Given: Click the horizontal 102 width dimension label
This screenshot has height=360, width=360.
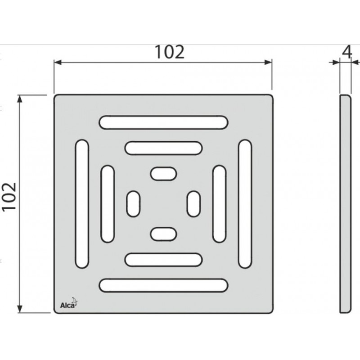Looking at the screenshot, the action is [170, 52].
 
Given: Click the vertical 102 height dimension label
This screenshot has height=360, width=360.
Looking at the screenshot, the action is [9, 196].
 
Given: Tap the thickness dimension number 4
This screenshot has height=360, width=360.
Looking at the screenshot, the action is [347, 52].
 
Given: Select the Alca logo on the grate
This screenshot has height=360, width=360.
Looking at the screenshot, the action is [69, 303].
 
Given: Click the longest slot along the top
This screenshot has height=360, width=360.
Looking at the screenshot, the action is [163, 122].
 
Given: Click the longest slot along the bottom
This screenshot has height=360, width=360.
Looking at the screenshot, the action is [163, 285].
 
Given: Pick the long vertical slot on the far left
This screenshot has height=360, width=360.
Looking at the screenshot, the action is [82, 204].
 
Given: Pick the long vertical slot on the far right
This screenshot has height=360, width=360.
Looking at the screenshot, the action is [245, 204].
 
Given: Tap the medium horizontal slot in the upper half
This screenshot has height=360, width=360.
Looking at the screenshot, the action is [163, 148].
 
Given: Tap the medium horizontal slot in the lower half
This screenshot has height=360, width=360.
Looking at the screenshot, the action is [163, 260].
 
